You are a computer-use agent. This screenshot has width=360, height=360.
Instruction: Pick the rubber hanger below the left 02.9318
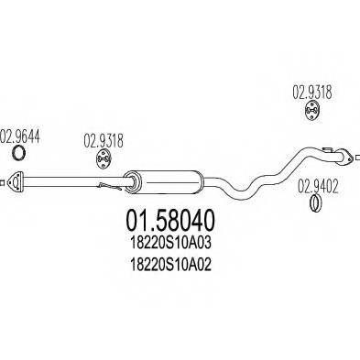(104, 162)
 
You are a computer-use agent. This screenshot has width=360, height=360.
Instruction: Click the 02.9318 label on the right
(311, 93)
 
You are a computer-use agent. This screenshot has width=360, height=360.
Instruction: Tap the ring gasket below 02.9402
(313, 201)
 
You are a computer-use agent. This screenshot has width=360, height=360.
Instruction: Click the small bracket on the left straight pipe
(109, 187)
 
